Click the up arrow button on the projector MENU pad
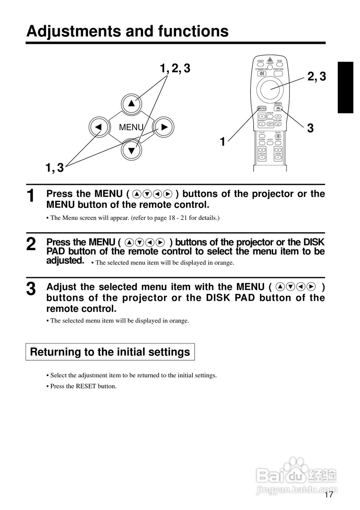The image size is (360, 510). coord(132,104)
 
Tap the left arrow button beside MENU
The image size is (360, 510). coord(98,127)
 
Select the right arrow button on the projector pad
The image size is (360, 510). coord(164,127)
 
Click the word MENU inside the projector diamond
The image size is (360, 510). coord(131,127)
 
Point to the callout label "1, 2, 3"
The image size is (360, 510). coord(175,69)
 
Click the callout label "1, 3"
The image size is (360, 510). coord(55,168)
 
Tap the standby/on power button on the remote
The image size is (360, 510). coord(262,73)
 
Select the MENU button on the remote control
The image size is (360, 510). coord(262,108)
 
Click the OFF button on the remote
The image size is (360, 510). coord(270,124)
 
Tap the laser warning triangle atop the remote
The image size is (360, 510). coord(270,60)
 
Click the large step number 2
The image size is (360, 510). coord(31,244)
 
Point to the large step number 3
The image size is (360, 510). coord(31,289)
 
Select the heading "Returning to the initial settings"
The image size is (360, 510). coord(110,352)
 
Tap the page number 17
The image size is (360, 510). coord(329,495)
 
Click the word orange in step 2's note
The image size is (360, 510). coord(225,263)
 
